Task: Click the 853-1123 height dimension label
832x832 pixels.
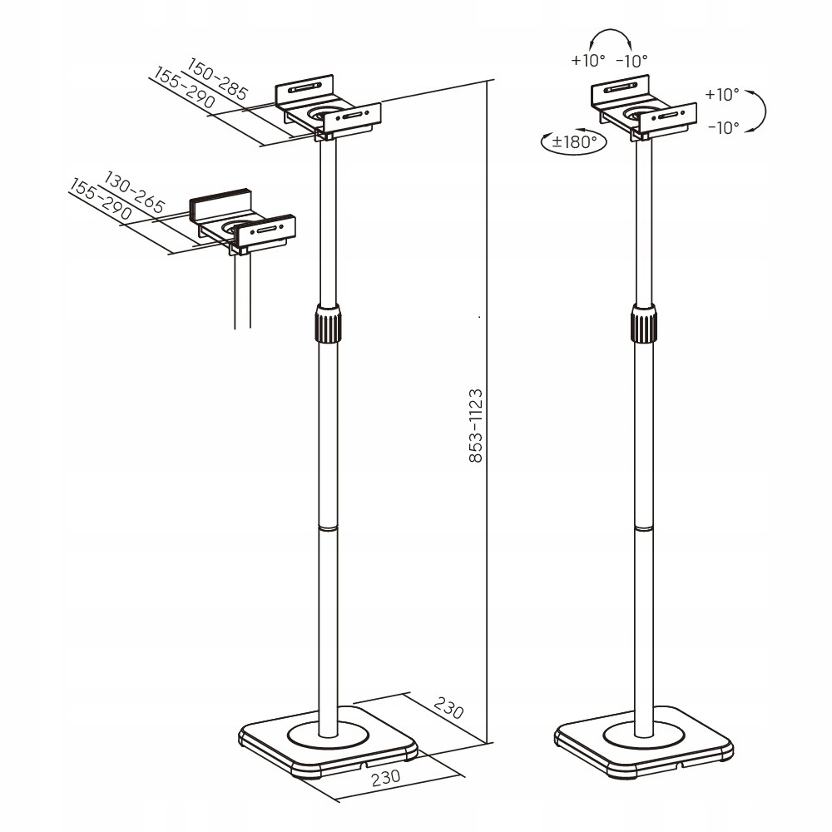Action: coord(476,425)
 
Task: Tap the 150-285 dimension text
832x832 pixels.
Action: coord(217,79)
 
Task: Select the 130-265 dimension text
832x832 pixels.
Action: coord(135,193)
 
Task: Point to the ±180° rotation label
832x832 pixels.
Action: coord(573,141)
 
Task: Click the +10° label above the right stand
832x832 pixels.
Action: coord(588,61)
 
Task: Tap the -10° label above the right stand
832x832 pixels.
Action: coord(632,61)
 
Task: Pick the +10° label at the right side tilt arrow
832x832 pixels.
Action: coord(722,95)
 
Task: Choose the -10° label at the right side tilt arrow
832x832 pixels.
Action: coord(723,128)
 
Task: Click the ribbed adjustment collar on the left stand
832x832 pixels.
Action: coord(328,324)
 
